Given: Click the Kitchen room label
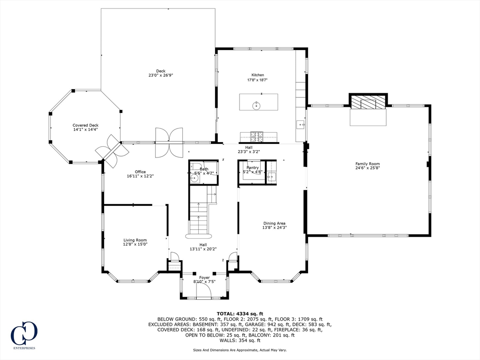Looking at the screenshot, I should [257, 75].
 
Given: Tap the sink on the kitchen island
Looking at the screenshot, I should [257, 105].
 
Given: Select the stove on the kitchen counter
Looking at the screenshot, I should [256, 136].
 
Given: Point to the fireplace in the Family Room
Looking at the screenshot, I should [368, 103].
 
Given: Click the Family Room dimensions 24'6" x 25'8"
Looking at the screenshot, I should [367, 168].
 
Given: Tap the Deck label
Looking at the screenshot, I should [161, 71].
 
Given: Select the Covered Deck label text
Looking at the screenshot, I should [85, 125].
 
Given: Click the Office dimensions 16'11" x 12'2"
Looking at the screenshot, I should [140, 176].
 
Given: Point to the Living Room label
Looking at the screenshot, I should [135, 240].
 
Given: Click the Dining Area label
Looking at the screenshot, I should [274, 223].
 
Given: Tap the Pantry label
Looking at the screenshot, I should [253, 167].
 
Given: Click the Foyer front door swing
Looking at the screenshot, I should [203, 292].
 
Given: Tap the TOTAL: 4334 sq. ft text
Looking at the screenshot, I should [240, 314].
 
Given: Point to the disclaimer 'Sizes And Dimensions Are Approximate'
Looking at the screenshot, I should [240, 350].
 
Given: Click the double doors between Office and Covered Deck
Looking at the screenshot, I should [112, 151].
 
